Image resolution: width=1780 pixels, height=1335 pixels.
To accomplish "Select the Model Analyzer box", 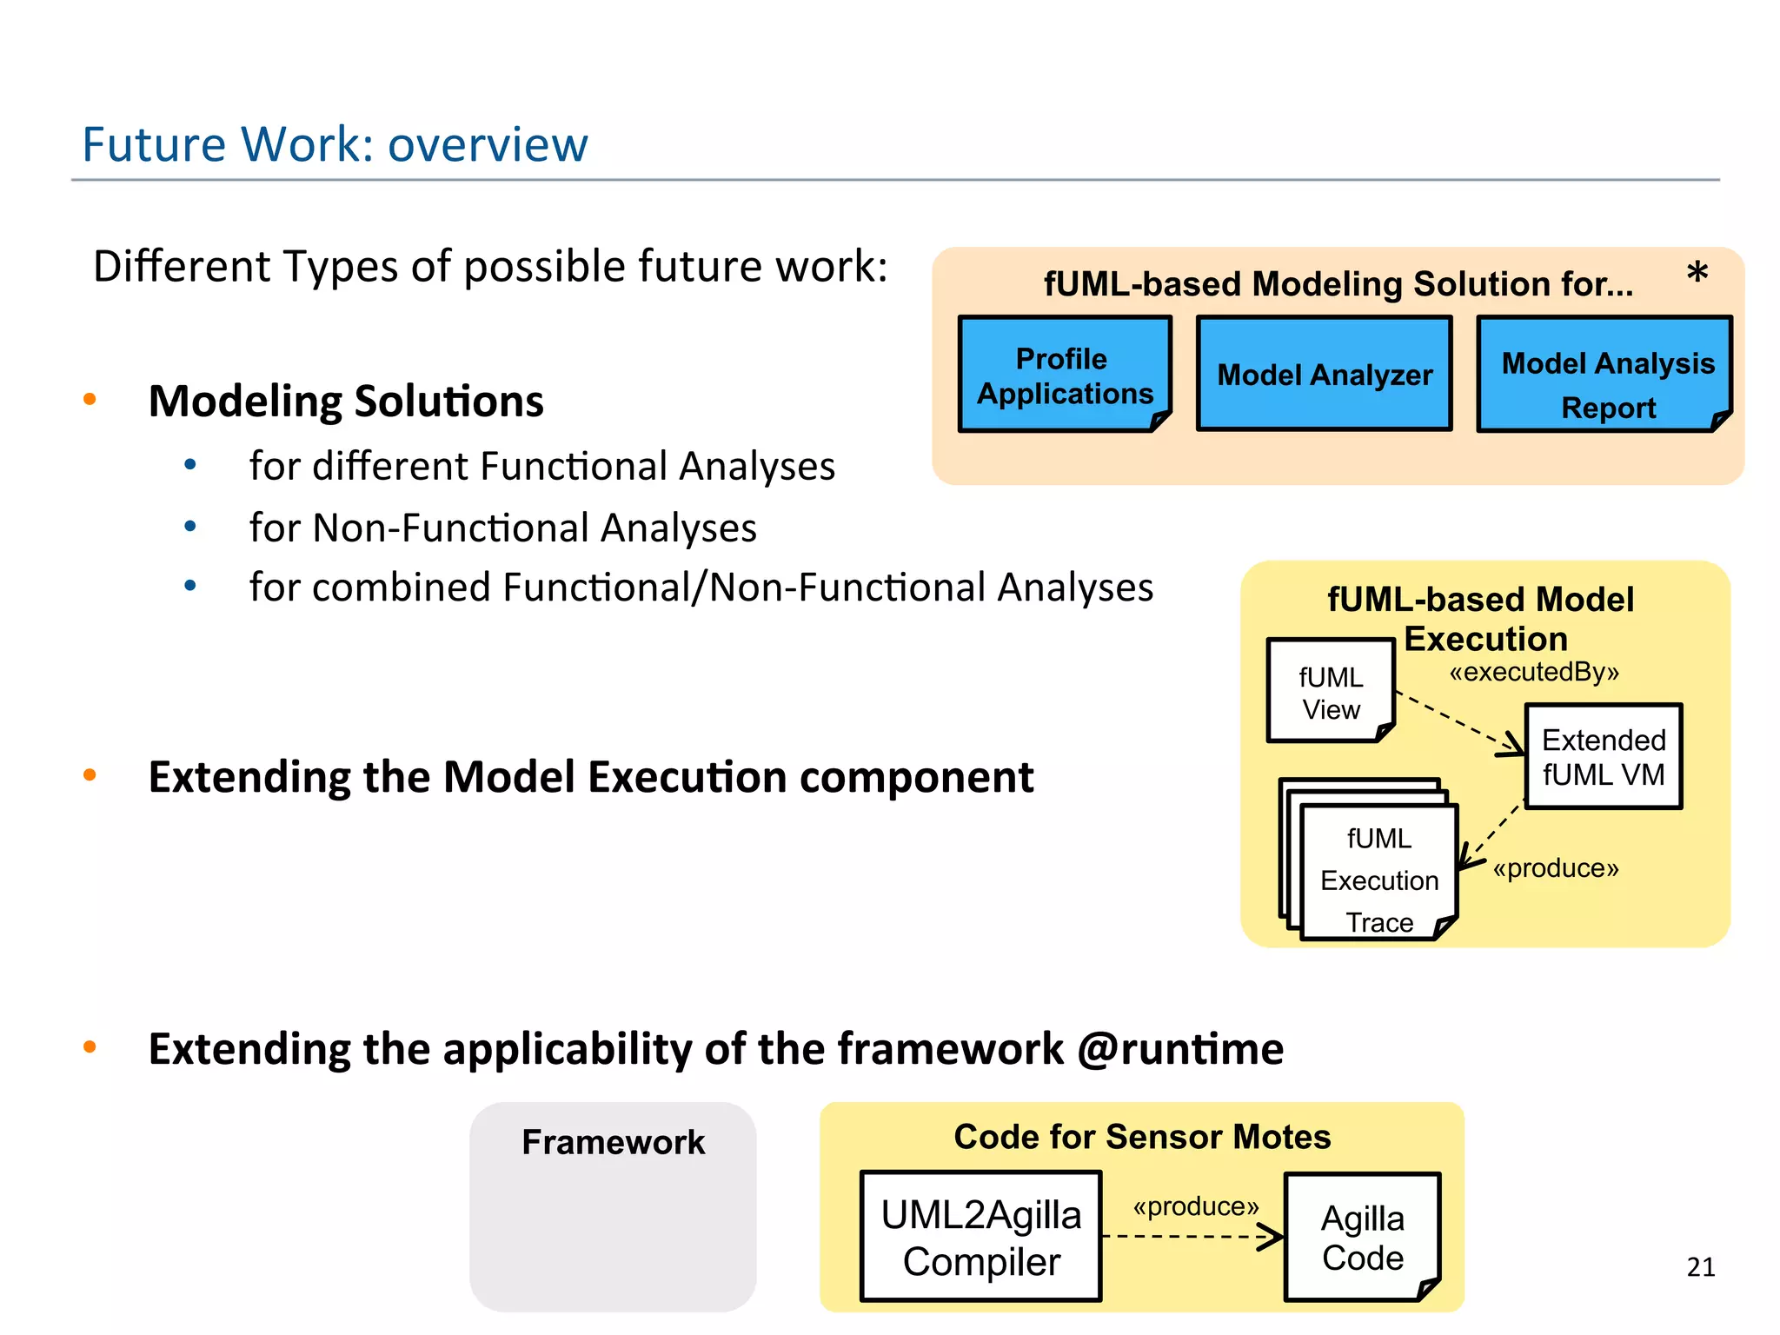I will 1324,375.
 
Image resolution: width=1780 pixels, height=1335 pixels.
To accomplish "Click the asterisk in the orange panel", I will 1697,275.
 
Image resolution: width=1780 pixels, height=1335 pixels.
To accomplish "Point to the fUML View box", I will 1330,692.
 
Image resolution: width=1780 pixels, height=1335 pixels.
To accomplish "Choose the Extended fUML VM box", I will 1604,757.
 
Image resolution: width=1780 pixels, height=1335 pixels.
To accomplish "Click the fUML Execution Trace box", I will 1378,878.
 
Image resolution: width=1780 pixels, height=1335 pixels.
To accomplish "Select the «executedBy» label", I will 1534,672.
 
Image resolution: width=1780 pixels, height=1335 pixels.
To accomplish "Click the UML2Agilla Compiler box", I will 981,1237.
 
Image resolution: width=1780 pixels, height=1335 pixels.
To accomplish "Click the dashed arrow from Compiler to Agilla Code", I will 1191,1236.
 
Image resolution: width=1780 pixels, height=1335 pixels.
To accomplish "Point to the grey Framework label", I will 613,1142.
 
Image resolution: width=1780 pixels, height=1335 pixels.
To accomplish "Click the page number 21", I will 1701,1267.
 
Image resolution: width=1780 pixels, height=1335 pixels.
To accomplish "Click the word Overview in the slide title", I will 488,144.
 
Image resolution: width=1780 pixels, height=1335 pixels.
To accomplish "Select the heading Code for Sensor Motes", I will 1142,1137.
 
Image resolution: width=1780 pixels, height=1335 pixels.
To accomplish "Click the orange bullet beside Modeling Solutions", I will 90,400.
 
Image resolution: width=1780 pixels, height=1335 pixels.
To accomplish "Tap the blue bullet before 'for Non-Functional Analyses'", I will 190,526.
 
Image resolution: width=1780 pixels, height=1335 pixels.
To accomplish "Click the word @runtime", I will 1180,1048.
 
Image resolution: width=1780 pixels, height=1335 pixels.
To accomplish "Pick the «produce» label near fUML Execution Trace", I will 1556,868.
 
